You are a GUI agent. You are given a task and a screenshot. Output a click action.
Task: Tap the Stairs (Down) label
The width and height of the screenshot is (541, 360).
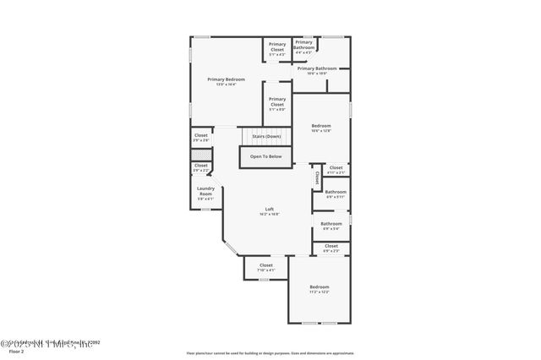pyautogui.click(x=266, y=136)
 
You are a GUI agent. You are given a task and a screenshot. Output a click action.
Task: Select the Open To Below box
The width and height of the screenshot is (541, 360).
pyautogui.click(x=265, y=156)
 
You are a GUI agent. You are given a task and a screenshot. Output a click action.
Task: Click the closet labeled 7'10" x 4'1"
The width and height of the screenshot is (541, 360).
pyautogui.click(x=266, y=268)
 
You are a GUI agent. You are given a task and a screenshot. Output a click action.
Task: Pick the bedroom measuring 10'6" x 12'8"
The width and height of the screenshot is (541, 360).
pyautogui.click(x=321, y=128)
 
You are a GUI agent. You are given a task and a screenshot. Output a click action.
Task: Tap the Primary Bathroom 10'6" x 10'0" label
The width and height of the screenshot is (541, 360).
pyautogui.click(x=317, y=71)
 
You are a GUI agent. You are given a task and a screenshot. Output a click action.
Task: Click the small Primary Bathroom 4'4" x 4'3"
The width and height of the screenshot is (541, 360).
pyautogui.click(x=304, y=47)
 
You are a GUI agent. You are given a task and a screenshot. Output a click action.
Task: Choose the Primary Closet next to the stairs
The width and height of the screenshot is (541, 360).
pyautogui.click(x=277, y=104)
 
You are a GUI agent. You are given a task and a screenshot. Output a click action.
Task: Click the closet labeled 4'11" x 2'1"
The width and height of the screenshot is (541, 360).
pyautogui.click(x=336, y=170)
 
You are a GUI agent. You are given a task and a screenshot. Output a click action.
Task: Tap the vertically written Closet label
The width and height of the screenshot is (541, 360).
pyautogui.click(x=317, y=177)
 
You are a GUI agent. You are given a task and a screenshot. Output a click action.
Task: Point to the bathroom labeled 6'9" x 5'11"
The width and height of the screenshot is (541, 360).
pyautogui.click(x=336, y=194)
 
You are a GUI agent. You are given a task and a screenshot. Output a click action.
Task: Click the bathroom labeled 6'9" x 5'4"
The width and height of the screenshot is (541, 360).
pyautogui.click(x=331, y=226)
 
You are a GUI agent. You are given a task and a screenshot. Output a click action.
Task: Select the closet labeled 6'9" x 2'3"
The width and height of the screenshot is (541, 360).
pyautogui.click(x=331, y=248)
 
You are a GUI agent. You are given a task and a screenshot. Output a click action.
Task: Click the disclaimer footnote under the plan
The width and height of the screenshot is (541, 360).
pyautogui.click(x=270, y=352)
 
